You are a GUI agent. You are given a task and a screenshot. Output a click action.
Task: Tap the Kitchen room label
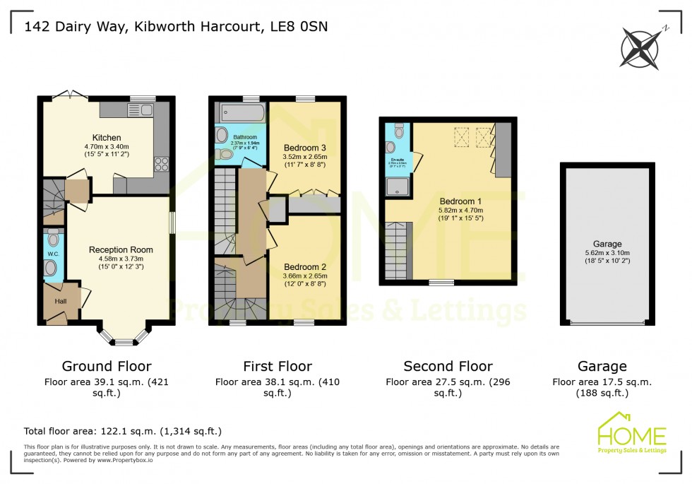click(x=106, y=137)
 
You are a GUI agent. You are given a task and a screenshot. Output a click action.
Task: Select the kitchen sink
click(x=140, y=110)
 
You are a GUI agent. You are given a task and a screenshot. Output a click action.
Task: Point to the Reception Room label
click(x=121, y=249)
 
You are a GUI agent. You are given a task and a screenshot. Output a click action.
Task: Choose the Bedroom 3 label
click(x=305, y=148)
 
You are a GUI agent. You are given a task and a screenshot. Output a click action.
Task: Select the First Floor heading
click(x=278, y=366)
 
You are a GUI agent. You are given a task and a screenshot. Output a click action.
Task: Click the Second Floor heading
click(x=448, y=366)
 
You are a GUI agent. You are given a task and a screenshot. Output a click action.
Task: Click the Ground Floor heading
click(x=107, y=366)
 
